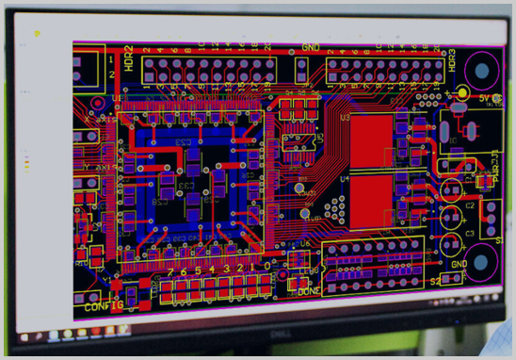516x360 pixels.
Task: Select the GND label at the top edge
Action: point(312,48)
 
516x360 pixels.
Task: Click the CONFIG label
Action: point(104,306)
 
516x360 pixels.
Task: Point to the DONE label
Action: point(310,291)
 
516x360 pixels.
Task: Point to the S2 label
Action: point(435,281)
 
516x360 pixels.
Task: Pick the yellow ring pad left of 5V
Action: point(462,92)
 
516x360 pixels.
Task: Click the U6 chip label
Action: point(304,244)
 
